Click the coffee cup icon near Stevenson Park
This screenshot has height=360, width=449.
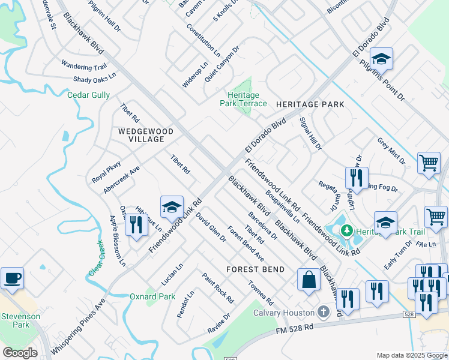pos(12,278)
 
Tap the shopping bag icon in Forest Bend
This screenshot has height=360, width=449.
pos(309,280)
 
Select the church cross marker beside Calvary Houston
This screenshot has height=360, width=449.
pos(323,312)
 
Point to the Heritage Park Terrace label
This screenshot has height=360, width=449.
pos(246,100)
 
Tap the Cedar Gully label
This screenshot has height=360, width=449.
pos(88,95)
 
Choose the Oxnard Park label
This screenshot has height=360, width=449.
pos(152,296)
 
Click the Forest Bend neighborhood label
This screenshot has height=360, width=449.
pos(255,269)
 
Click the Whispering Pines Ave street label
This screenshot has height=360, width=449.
pos(78,327)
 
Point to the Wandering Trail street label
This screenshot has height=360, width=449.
pos(83,67)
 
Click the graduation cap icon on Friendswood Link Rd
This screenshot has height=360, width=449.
pos(172,207)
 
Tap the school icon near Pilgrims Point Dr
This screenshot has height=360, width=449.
pos(381,59)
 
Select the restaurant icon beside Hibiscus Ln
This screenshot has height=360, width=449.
pos(136,224)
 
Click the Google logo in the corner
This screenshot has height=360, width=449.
pos(20,353)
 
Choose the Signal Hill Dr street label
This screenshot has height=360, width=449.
pos(312,133)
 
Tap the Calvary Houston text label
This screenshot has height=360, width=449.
pos(284,313)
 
